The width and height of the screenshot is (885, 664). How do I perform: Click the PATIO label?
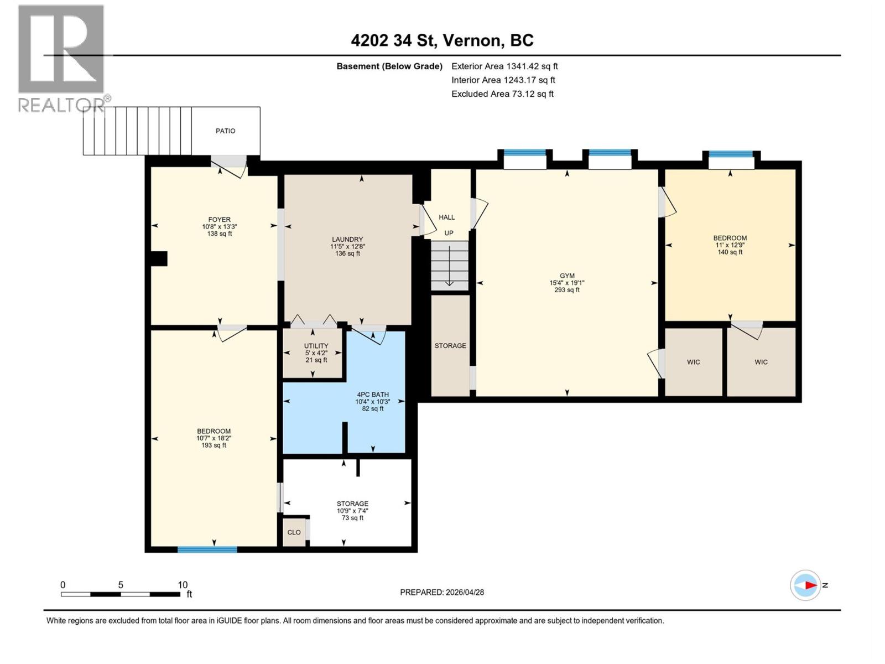(x=225, y=131)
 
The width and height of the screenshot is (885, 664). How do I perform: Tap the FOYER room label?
(x=219, y=220)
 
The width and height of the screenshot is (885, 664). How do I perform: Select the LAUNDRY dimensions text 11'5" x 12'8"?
(x=347, y=247)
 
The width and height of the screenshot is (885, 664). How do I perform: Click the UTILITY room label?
(x=316, y=346)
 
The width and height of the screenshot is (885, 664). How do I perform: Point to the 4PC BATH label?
(x=372, y=395)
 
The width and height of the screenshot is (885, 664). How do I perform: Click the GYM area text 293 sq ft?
(x=567, y=290)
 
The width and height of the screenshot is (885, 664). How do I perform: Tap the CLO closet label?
(x=294, y=532)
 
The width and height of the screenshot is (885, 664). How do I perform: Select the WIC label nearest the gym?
(x=693, y=362)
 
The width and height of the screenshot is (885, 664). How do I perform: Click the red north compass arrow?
(x=810, y=585)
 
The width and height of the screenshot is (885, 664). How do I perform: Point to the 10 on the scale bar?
(x=183, y=585)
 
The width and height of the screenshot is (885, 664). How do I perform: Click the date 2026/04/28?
(x=465, y=592)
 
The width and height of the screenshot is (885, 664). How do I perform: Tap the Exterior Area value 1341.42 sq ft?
(x=532, y=66)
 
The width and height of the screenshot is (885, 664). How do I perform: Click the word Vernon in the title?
(x=473, y=40)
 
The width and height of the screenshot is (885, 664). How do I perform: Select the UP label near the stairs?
(x=449, y=233)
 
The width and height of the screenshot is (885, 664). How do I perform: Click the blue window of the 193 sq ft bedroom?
(x=207, y=549)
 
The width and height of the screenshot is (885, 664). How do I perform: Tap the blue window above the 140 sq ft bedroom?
(x=731, y=154)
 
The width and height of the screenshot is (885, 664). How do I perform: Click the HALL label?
(x=446, y=217)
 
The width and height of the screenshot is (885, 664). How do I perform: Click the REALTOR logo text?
(x=61, y=105)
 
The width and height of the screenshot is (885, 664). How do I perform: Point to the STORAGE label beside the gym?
(x=450, y=346)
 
